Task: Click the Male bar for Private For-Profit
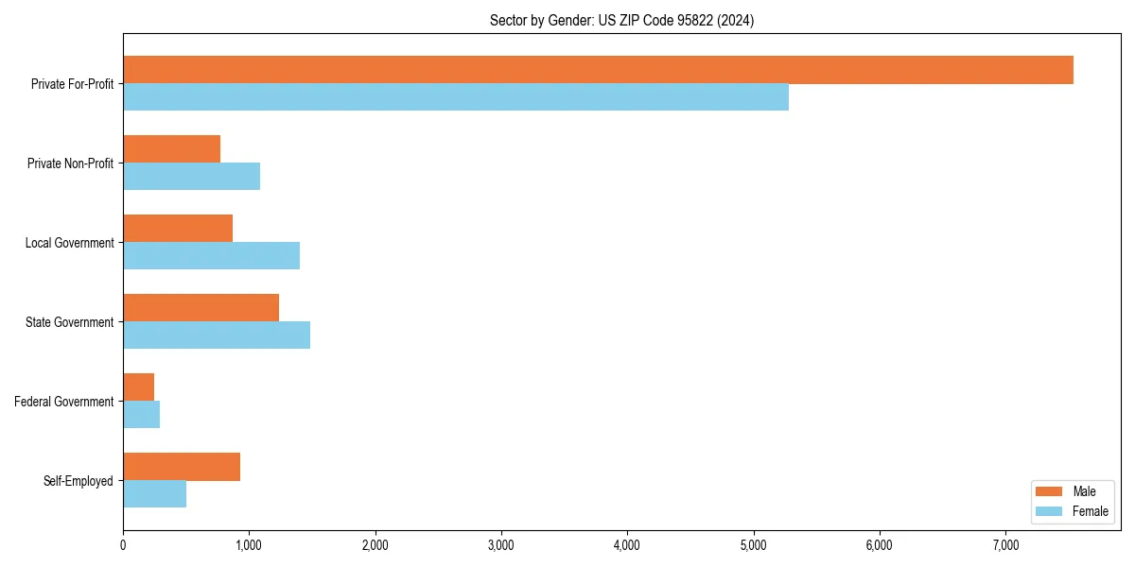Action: (598, 70)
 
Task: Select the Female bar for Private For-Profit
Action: (456, 97)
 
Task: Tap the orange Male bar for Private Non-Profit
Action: (171, 149)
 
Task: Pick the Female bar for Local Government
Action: (211, 256)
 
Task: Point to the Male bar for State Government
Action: (201, 308)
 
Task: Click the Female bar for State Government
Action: (217, 335)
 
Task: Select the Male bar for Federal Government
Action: (138, 387)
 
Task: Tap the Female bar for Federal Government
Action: (141, 415)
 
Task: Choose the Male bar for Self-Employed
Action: (182, 467)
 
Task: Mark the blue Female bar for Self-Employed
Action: (154, 494)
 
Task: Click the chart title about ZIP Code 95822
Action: (621, 20)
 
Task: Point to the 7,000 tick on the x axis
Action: (1005, 544)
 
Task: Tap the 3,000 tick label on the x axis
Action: (501, 544)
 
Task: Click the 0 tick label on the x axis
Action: (123, 544)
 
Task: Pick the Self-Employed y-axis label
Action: (79, 481)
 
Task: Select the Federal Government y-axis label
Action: (64, 402)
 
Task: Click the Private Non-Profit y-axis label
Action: (70, 163)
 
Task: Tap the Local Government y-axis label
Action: (69, 243)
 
